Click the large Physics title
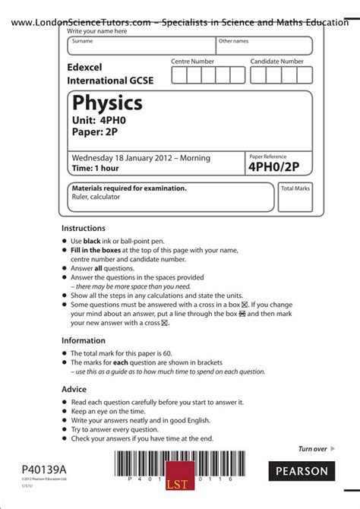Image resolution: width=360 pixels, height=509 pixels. [x=107, y=103]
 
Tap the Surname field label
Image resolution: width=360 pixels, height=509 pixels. [x=82, y=41]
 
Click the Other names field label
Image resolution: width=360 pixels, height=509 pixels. [x=233, y=41]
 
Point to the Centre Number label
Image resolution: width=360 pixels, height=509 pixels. [x=192, y=61]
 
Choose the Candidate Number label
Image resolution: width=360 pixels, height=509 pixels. [x=277, y=61]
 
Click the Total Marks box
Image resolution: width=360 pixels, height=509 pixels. [x=295, y=197]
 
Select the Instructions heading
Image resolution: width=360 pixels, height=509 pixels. [x=84, y=228]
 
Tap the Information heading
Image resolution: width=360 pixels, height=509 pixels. [x=83, y=340]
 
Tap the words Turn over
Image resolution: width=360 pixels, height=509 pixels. [x=312, y=449]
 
